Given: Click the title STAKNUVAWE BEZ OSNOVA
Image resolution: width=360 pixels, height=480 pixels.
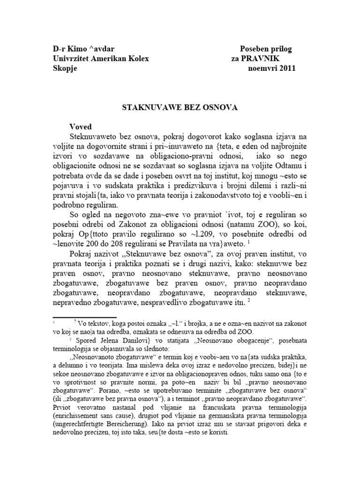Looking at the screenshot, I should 180,107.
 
